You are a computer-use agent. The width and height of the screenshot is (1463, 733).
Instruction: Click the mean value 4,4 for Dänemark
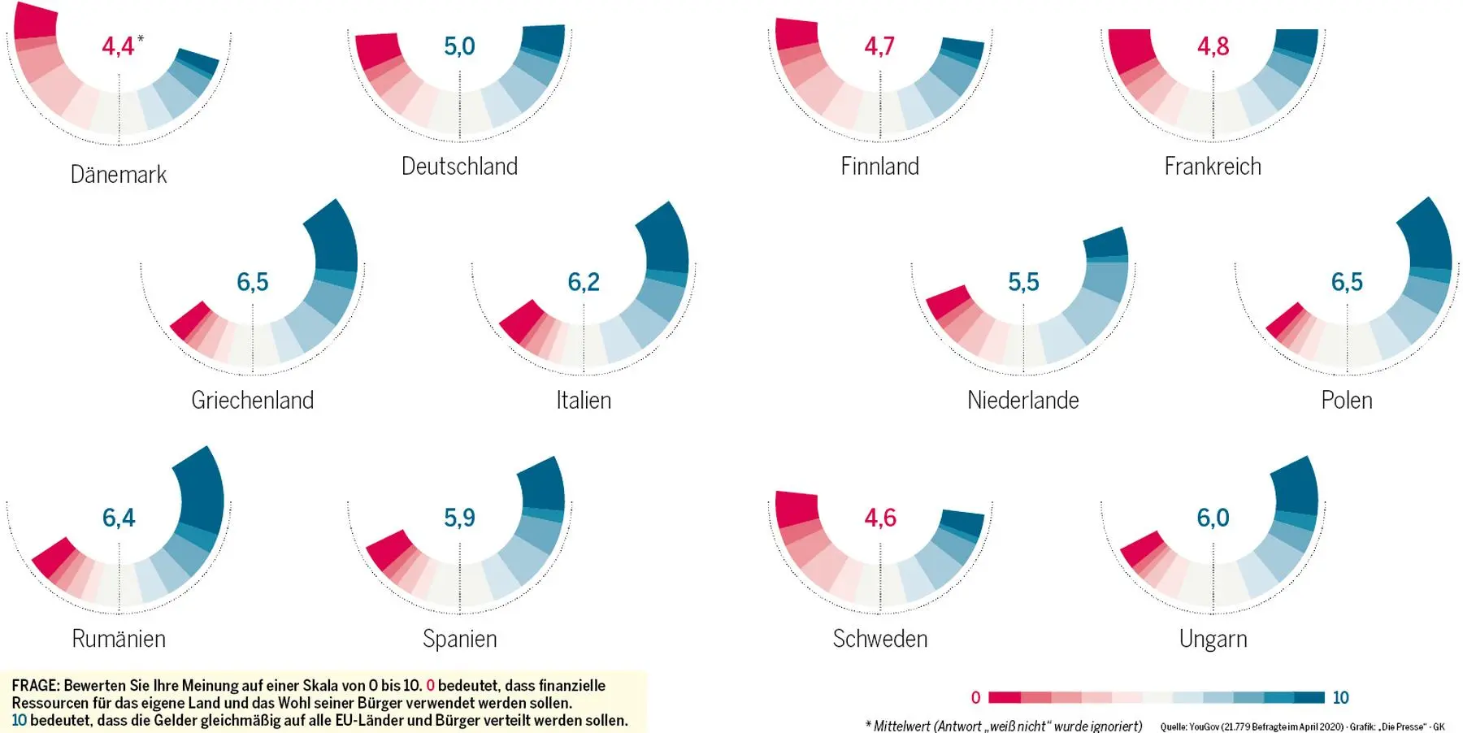click(118, 46)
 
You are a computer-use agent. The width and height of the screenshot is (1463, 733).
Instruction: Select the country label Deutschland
click(459, 167)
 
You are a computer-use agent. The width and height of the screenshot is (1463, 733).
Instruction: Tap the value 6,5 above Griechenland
click(253, 282)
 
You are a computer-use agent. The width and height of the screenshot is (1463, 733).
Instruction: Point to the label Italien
click(584, 400)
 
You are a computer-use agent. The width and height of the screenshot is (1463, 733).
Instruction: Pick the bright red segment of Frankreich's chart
click(1130, 50)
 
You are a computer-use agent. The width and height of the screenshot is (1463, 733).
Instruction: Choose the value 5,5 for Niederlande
click(1023, 282)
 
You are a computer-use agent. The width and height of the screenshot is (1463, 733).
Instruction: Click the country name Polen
click(1347, 400)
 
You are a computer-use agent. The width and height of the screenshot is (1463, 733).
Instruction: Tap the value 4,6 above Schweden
click(880, 518)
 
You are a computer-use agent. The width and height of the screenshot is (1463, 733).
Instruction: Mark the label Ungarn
click(1213, 639)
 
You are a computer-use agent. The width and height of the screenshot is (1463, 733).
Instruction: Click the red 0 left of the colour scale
click(975, 697)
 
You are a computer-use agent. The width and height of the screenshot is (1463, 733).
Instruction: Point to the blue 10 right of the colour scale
click(1340, 697)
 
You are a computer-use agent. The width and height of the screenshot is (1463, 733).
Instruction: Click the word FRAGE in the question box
click(35, 685)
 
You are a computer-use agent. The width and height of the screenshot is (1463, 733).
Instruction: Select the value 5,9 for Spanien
click(459, 518)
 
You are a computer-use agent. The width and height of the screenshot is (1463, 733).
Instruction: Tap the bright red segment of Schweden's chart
click(797, 509)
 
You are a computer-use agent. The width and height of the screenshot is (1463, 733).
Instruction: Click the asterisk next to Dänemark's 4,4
click(141, 38)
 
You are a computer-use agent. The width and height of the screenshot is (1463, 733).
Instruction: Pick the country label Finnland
click(879, 167)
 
